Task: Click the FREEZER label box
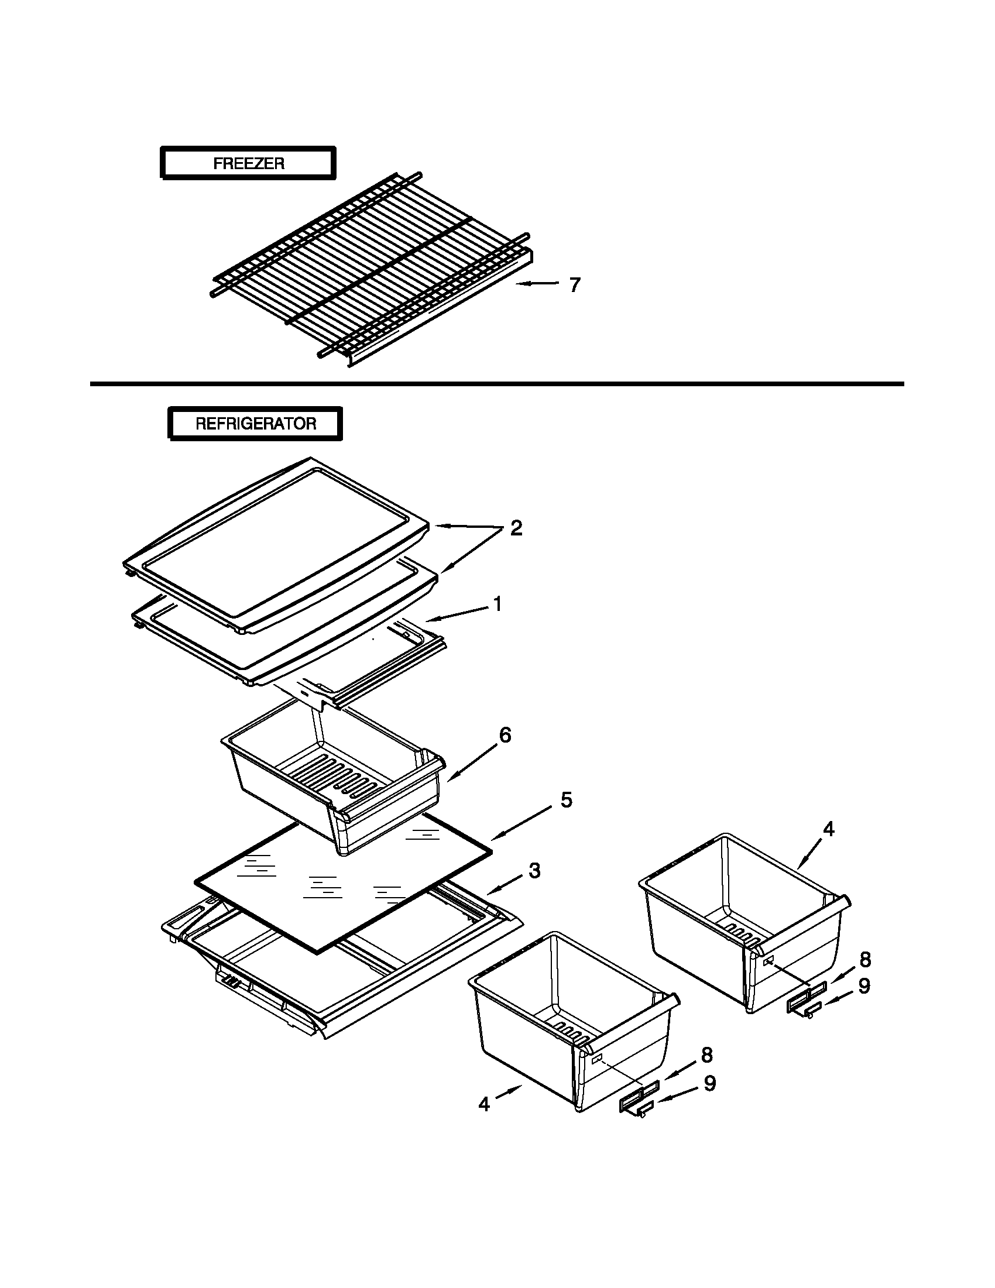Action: click(x=248, y=163)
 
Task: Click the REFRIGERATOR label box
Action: click(x=255, y=424)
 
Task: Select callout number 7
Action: click(x=575, y=285)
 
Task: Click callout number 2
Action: click(x=516, y=528)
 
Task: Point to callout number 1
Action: click(x=497, y=604)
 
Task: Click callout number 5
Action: click(x=565, y=801)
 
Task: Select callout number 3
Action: click(x=534, y=870)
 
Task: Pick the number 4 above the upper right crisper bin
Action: click(x=828, y=829)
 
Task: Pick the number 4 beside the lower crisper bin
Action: click(x=484, y=1104)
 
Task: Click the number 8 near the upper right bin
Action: click(x=864, y=960)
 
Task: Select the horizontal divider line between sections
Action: click(x=496, y=384)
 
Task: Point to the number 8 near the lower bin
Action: click(x=706, y=1055)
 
